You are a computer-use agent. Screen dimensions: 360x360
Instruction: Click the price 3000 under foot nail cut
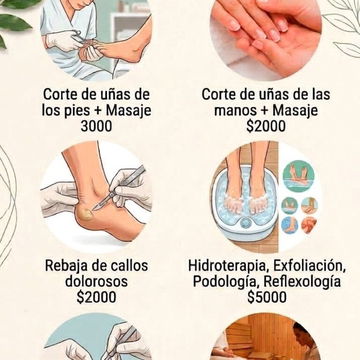[x=96, y=126]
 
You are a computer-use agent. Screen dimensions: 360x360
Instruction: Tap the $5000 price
[x=267, y=297]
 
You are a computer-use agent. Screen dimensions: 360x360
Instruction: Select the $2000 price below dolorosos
[x=96, y=297]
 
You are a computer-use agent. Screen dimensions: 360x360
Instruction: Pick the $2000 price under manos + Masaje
[x=266, y=126]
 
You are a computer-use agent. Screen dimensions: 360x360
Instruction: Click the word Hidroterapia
[x=229, y=266]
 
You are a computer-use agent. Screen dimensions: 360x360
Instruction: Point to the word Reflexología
[x=302, y=281]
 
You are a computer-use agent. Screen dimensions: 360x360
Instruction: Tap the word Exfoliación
[x=308, y=266]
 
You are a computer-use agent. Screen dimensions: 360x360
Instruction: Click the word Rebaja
[x=65, y=266]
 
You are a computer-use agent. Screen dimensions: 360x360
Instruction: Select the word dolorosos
[x=96, y=281]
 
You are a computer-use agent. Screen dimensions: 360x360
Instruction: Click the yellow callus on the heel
[x=86, y=214]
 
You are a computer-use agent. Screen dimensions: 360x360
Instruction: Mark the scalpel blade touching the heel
[x=101, y=204]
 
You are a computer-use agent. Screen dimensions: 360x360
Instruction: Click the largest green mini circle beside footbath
[x=298, y=176]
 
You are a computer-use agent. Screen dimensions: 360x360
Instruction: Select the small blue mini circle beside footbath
[x=289, y=225]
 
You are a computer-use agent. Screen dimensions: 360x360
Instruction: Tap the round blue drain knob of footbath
[x=246, y=222]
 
